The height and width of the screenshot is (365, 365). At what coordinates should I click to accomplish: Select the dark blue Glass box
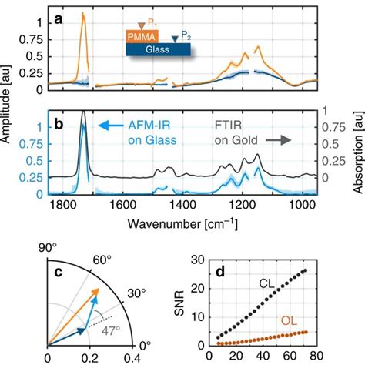(x=158, y=49)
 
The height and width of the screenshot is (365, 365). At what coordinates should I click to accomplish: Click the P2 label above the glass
(x=186, y=35)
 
